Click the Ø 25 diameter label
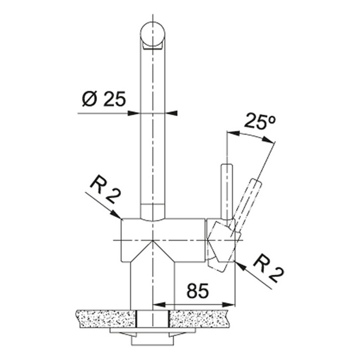click(104, 99)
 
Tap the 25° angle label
click(259, 120)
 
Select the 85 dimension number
click(198, 290)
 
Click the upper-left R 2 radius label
click(105, 189)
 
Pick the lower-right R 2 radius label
click(269, 269)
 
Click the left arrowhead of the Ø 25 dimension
click(133, 113)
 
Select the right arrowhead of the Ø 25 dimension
click(171, 113)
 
